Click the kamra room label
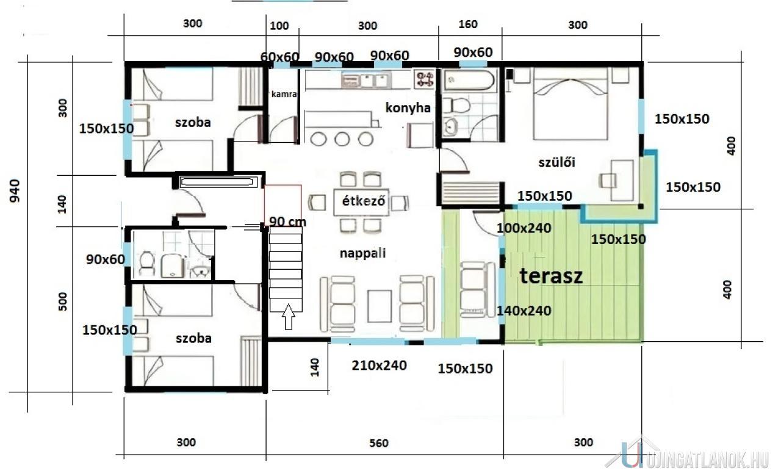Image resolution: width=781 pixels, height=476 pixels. click(x=284, y=94)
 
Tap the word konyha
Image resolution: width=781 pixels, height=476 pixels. click(x=408, y=108)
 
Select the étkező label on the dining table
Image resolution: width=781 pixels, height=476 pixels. click(x=363, y=201)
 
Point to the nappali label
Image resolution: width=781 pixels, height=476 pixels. click(x=362, y=253)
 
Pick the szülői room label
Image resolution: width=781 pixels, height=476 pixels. click(x=557, y=162)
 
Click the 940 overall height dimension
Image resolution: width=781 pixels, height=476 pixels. click(x=15, y=191)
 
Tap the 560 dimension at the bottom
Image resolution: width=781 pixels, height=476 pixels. click(x=379, y=443)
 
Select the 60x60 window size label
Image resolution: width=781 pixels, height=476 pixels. click(x=279, y=57)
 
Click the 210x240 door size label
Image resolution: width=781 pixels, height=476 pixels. click(x=379, y=366)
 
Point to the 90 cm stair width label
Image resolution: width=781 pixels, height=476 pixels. click(x=287, y=222)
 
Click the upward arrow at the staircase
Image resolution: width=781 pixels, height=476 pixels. click(x=289, y=316)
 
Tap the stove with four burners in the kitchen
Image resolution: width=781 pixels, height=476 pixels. click(x=424, y=79)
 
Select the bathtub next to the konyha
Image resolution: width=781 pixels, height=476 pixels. click(x=469, y=81)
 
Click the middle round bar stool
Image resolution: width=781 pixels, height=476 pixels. click(x=342, y=139)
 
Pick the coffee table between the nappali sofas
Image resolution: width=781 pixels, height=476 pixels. click(x=380, y=306)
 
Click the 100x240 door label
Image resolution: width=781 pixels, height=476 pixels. click(x=524, y=228)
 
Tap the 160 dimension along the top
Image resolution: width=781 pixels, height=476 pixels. click(x=467, y=24)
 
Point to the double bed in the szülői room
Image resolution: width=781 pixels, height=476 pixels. click(x=570, y=104)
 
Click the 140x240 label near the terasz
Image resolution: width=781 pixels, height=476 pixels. click(x=524, y=311)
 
